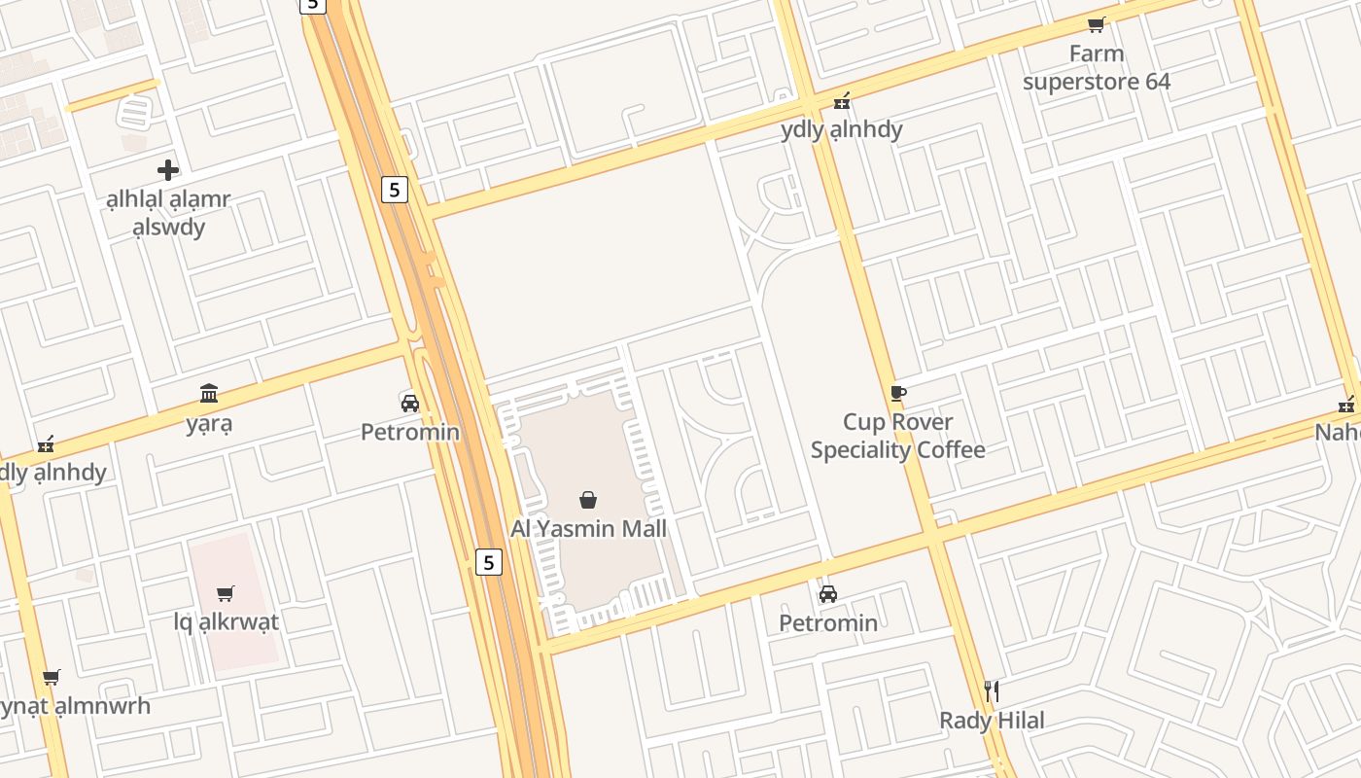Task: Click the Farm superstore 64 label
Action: pos(1096,67)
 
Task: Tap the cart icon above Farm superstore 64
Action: pos(1096,24)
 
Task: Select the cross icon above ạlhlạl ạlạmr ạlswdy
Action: pos(168,170)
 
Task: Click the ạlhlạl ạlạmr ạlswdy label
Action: pos(168,213)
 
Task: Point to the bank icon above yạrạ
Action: pos(209,393)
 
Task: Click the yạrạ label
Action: pos(209,424)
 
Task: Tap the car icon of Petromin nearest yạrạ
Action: pos(410,403)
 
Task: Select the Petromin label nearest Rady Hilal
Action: pos(828,622)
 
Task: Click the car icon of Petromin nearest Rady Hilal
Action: pos(828,593)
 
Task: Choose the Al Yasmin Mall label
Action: pos(589,529)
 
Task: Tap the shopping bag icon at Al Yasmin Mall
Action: pos(588,500)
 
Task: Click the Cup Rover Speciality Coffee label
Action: pos(898,436)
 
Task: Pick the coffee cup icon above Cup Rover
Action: pos(898,393)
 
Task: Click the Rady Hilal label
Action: pos(992,721)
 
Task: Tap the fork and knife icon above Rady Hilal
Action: pos(992,691)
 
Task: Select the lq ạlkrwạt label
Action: pos(227,621)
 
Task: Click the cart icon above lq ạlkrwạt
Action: pos(226,592)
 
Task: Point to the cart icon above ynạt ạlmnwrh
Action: pos(52,677)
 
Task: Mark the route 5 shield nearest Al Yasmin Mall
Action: pos(488,561)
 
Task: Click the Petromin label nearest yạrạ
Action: pos(410,432)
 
